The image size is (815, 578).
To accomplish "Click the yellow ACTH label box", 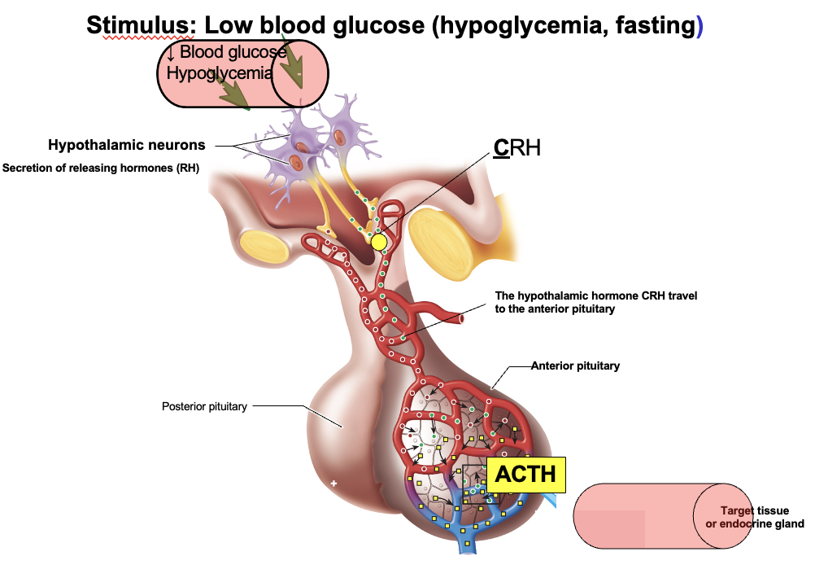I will (x=525, y=475).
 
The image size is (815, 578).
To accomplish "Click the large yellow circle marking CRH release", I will (x=379, y=242).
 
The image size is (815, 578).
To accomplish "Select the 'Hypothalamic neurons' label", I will (x=126, y=146).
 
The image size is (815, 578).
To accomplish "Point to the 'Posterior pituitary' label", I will (x=204, y=406).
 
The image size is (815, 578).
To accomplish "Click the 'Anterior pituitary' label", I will (x=575, y=366).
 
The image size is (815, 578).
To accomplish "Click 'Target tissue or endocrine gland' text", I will (x=755, y=518).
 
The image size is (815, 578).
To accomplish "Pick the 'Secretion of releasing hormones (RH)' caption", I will (x=101, y=169).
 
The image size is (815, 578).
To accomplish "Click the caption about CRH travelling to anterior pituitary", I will (x=596, y=302).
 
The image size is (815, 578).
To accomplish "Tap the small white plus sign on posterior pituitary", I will (x=333, y=484).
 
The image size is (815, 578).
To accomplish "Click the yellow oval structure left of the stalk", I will (x=263, y=247).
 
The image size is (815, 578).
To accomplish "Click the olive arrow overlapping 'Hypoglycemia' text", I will (x=233, y=92).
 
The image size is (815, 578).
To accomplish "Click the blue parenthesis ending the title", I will (x=700, y=26).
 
